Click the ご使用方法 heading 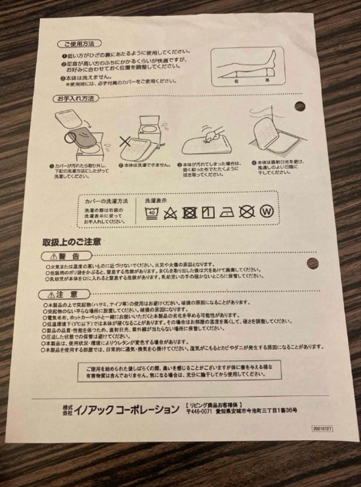point(76,45)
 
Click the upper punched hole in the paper point(300,106)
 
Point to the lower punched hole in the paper point(312,263)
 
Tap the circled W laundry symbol point(267,212)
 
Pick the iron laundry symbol point(226,212)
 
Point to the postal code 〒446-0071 point(199,411)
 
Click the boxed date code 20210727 point(322,429)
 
